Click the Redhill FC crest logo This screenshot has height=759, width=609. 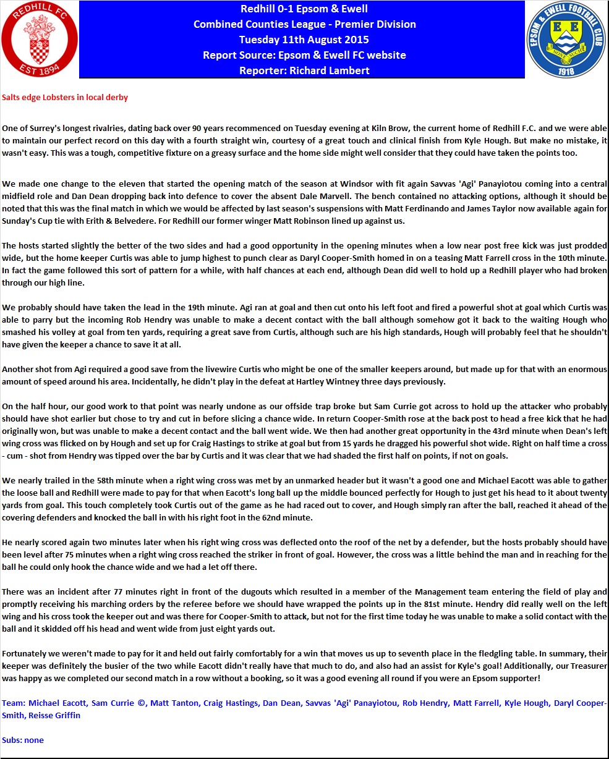tap(40, 40)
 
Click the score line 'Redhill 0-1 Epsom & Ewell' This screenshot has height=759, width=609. tap(304, 9)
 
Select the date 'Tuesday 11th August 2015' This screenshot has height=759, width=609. tap(304, 40)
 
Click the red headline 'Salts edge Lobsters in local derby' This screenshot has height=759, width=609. tap(65, 98)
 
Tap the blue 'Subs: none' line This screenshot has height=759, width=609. tap(23, 740)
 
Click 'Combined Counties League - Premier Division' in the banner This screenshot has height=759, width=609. tap(304, 24)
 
